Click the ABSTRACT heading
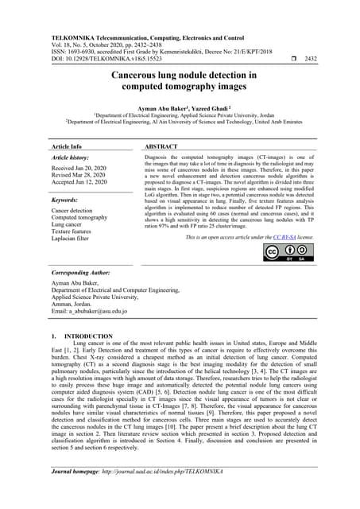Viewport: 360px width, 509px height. pyautogui.click(x=162, y=148)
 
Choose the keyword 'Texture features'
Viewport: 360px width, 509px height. pyautogui.click(x=74, y=231)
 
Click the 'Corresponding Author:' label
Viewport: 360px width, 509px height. pyautogui.click(x=80, y=272)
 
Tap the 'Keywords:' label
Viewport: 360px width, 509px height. pyautogui.click(x=63, y=201)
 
